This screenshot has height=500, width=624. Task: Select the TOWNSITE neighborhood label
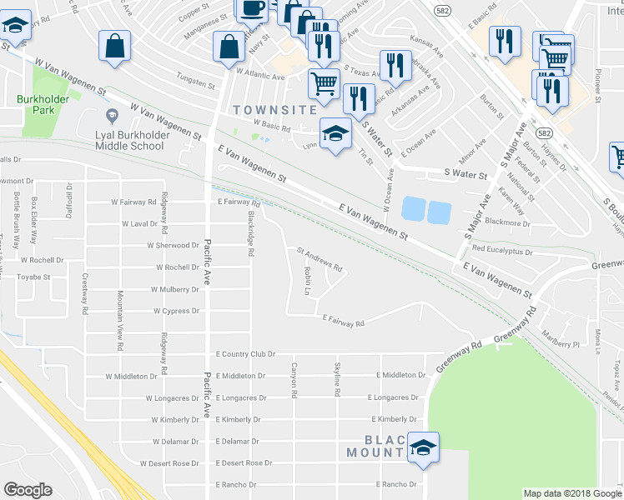(x=274, y=109)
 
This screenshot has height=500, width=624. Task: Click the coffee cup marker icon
(x=254, y=8)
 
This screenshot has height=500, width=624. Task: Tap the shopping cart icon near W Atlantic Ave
(x=324, y=82)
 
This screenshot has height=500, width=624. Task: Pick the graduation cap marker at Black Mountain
(x=424, y=447)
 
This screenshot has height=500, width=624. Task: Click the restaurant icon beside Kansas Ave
(x=395, y=64)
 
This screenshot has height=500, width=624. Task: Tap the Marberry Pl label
(x=558, y=343)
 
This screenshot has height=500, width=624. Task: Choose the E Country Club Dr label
(x=244, y=354)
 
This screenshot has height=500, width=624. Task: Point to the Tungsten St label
(x=196, y=84)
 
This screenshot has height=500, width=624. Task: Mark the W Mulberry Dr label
(x=176, y=290)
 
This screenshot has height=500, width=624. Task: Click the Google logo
(x=28, y=490)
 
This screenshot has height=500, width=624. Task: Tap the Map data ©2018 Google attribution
(x=571, y=493)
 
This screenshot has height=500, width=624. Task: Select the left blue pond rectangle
(x=413, y=208)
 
